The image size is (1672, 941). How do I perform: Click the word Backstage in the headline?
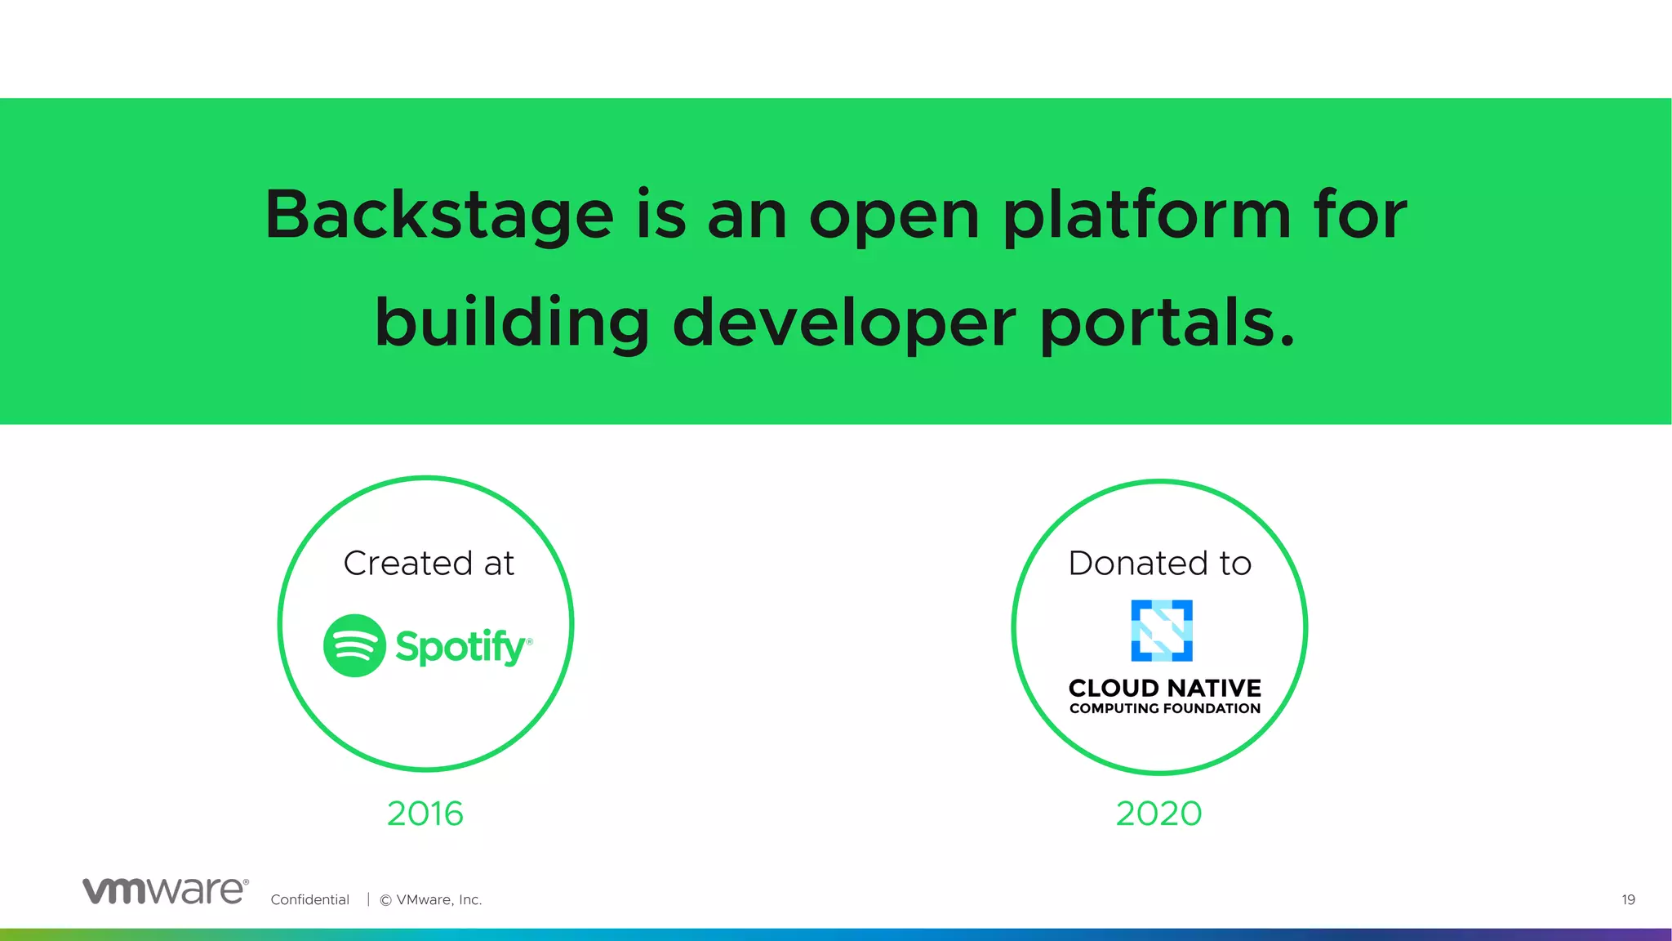point(439,214)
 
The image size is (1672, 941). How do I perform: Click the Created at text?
point(429,563)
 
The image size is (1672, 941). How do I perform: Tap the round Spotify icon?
point(354,645)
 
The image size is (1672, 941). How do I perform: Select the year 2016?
point(425,814)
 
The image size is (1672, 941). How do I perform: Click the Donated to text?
point(1159,563)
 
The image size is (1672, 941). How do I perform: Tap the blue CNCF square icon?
point(1161,631)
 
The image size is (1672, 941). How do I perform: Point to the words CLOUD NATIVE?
point(1164,688)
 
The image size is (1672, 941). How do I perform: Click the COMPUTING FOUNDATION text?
point(1164,708)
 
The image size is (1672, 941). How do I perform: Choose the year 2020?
point(1158,814)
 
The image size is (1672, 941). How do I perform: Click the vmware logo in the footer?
point(165,890)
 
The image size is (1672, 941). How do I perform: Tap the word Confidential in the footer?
point(309,899)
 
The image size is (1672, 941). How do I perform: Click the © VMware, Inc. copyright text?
point(431,899)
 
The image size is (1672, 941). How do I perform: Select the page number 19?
point(1628,899)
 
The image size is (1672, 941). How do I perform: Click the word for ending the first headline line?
point(1359,214)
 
